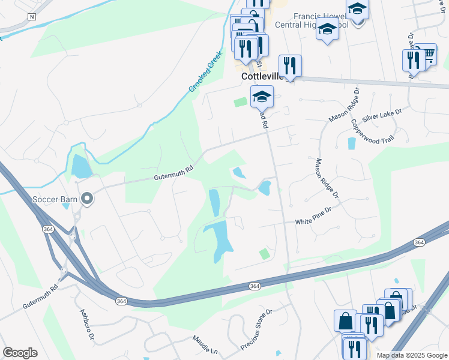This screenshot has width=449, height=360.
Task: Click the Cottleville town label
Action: click(x=262, y=77)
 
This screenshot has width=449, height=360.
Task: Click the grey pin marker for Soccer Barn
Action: click(x=88, y=197)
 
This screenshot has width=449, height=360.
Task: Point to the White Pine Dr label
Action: click(x=313, y=222)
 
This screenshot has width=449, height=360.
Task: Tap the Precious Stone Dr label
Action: click(x=256, y=330)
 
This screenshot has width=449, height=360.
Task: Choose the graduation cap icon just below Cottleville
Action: click(x=262, y=97)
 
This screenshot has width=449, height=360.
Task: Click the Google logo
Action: click(x=20, y=353)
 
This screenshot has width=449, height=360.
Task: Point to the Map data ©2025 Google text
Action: click(x=412, y=355)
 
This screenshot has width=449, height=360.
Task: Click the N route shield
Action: click(x=32, y=17)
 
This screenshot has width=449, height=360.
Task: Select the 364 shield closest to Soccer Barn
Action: click(x=47, y=229)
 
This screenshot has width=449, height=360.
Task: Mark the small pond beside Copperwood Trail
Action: click(x=351, y=143)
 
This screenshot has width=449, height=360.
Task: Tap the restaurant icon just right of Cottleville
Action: click(x=290, y=65)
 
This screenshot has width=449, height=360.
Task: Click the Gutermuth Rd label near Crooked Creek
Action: click(x=174, y=173)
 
